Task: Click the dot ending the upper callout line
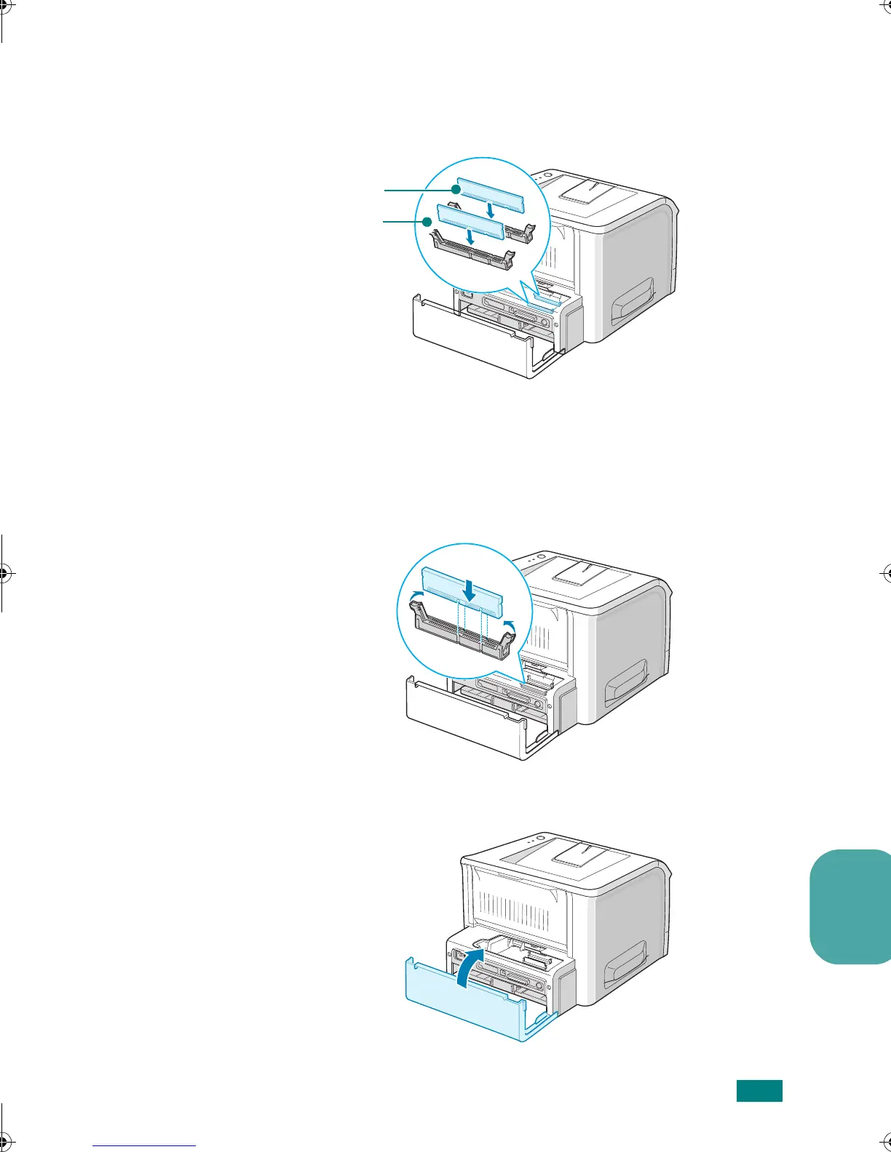[456, 189]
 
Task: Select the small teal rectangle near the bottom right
[759, 1091]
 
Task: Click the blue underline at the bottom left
[144, 1145]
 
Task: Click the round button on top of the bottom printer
[540, 837]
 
